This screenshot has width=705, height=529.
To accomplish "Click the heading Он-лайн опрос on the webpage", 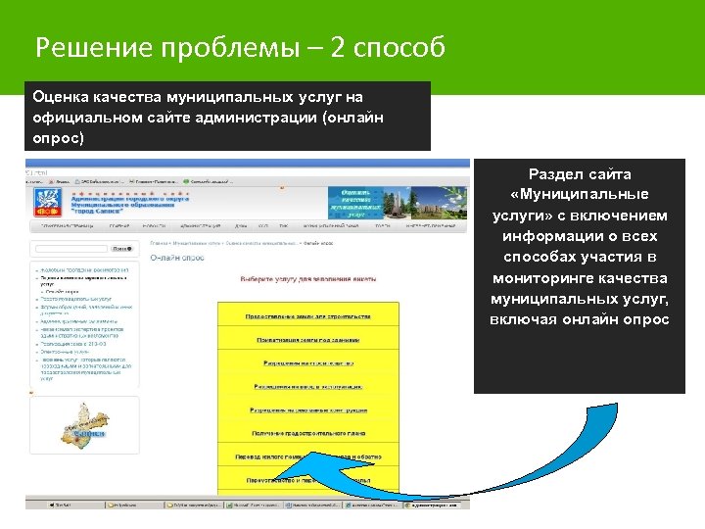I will tap(177, 258).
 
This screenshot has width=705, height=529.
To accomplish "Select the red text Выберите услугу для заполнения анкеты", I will tap(307, 279).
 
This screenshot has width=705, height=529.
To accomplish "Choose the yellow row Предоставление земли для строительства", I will tap(307, 316).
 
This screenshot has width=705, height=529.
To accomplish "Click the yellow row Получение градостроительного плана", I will tap(307, 433).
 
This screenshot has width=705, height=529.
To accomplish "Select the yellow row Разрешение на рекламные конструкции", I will tap(307, 409).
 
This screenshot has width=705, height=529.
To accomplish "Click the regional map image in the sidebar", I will tap(83, 424).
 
